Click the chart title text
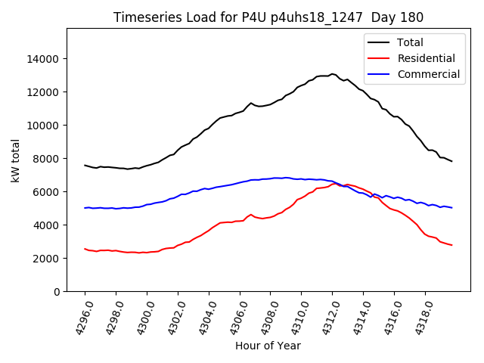268,17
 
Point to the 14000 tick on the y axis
44,59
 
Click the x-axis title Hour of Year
268,346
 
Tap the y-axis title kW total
16,160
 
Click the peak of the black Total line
332,74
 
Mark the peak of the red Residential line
334,183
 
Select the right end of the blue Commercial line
451,207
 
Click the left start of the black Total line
85,165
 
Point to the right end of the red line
451,245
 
